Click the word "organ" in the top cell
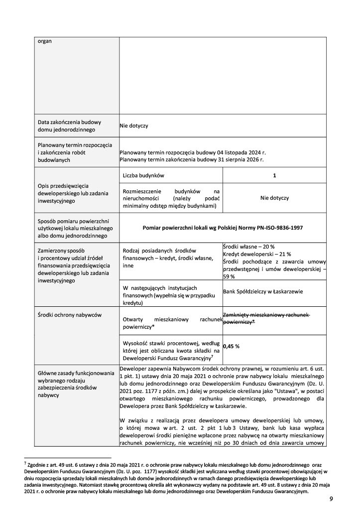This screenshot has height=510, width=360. click(x=45, y=41)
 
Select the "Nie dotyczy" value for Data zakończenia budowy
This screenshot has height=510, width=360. click(x=134, y=126)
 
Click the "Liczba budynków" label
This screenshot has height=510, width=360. click(x=143, y=176)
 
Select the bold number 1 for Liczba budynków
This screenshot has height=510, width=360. click(x=274, y=176)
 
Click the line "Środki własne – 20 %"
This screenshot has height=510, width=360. click(x=248, y=247)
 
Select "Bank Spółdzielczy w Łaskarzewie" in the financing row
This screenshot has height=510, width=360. click(x=263, y=291)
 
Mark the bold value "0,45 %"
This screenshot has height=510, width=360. click(x=232, y=346)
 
